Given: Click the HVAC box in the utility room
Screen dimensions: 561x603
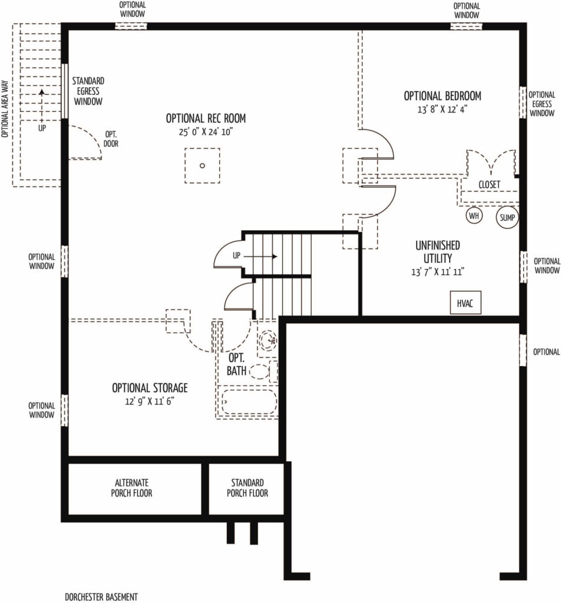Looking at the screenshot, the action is click(x=465, y=303).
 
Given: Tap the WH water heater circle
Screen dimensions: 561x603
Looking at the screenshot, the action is click(x=474, y=216).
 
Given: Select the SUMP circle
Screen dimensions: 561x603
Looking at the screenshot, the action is click(x=507, y=217).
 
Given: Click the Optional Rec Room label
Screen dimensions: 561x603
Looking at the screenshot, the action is click(x=206, y=118).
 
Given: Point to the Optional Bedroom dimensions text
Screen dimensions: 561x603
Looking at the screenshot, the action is click(x=442, y=109).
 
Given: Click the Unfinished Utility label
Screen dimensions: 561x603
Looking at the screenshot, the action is click(x=437, y=251).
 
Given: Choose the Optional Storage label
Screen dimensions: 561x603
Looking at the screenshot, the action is click(x=150, y=387).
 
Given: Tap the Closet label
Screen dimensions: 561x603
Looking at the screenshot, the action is click(x=489, y=184).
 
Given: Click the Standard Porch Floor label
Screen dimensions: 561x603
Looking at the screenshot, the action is click(x=247, y=488).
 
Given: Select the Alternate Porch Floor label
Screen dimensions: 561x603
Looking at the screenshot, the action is click(x=131, y=488).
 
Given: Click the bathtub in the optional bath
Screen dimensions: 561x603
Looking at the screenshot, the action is click(x=249, y=402).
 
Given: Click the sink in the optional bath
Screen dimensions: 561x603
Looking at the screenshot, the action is click(x=268, y=340).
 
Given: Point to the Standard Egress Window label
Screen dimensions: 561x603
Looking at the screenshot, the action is click(x=88, y=91).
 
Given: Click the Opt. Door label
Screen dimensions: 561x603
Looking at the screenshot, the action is click(x=111, y=139).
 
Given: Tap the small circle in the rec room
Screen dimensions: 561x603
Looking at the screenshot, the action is click(x=202, y=165).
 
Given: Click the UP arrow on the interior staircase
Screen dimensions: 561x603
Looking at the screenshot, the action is click(x=260, y=257).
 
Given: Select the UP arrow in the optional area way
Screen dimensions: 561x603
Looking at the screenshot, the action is click(x=42, y=104).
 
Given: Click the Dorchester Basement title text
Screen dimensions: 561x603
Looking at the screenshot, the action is click(x=101, y=597).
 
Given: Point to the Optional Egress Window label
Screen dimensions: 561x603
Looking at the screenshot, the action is click(x=542, y=104).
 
